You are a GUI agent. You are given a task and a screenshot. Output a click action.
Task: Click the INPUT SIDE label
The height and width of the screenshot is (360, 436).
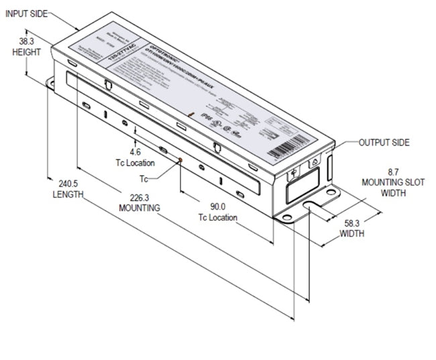pyautogui.click(x=26, y=13)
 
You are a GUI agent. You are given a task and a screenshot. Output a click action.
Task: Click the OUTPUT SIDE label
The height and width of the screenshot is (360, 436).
pyautogui.click(x=384, y=143)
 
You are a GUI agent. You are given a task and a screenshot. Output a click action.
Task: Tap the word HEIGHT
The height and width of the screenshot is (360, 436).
pyautogui.click(x=26, y=52)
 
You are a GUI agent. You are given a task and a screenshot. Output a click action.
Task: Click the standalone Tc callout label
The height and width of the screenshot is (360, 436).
pyautogui.click(x=144, y=178)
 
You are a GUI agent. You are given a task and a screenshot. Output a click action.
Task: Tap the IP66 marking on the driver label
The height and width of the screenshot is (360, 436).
pyautogui.click(x=207, y=116)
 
